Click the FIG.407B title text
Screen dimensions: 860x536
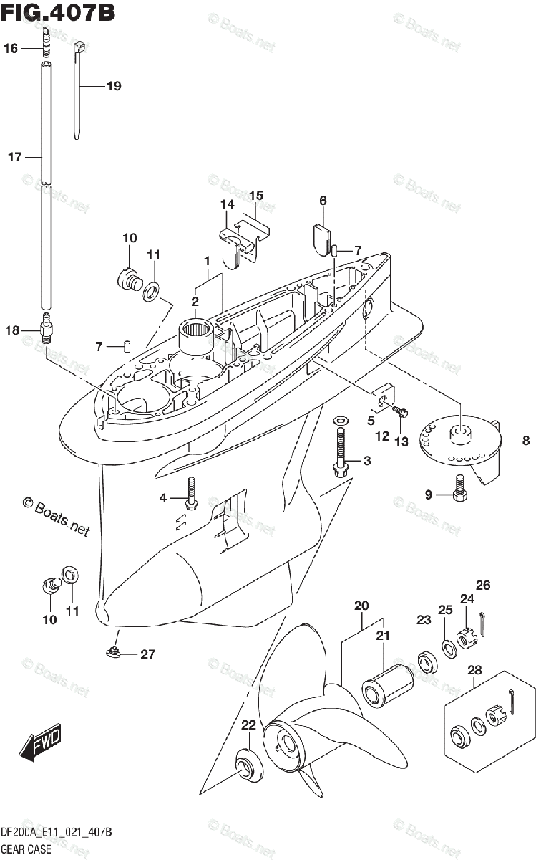tap(57, 12)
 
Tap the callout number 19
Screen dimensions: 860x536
tap(113, 87)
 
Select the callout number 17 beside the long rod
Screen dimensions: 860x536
tap(15, 157)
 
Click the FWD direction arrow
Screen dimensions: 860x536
tap(41, 742)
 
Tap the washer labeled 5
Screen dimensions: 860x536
tap(341, 421)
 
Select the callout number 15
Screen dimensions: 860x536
tap(256, 195)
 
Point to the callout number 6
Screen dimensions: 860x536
tap(322, 201)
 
